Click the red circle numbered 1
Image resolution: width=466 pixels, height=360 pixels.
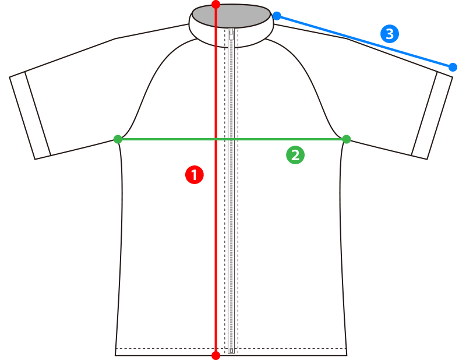(x=195, y=175)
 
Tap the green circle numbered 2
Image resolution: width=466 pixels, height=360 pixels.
(x=295, y=155)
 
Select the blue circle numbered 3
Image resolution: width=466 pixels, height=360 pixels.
(x=390, y=34)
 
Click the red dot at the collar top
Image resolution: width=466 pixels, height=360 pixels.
(x=216, y=5)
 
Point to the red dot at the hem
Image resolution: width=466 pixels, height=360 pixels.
(x=216, y=355)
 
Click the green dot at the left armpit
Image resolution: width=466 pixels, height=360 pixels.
(x=118, y=139)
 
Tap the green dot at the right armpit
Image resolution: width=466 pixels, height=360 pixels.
(x=347, y=139)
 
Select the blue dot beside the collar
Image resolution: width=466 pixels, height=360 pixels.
(x=277, y=16)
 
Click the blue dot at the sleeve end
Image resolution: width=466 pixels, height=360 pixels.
(x=453, y=67)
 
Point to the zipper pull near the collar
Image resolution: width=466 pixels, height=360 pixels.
(x=231, y=34)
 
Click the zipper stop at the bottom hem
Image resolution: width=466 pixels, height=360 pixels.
(x=231, y=351)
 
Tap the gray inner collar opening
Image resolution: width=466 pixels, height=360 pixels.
(x=231, y=16)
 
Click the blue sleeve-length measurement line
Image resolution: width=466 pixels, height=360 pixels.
(x=365, y=41)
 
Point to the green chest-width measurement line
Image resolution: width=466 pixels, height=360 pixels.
(x=232, y=139)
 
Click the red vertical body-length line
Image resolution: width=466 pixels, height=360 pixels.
(x=216, y=180)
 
